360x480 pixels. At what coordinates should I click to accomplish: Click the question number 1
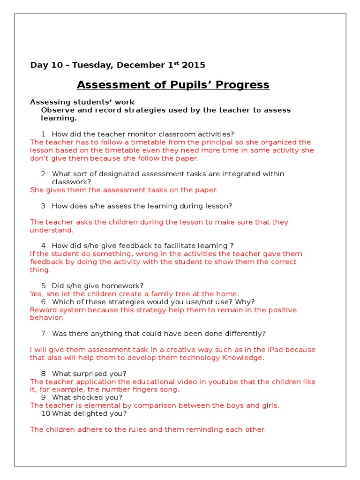pyautogui.click(x=43, y=134)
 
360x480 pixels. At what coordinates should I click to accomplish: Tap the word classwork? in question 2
pyautogui.click(x=71, y=182)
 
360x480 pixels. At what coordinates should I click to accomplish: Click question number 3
pyautogui.click(x=43, y=206)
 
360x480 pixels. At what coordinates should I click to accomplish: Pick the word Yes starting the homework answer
pyautogui.click(x=36, y=294)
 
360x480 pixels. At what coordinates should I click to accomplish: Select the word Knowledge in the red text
pyautogui.click(x=241, y=358)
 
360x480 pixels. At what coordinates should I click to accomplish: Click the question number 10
pyautogui.click(x=45, y=413)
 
